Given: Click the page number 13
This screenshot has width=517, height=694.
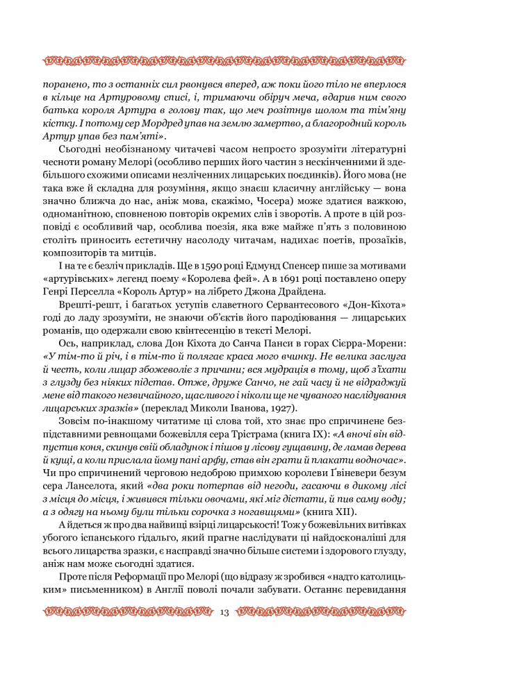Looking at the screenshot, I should pos(224,611).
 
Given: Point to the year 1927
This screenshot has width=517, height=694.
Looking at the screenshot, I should pos(279,407).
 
